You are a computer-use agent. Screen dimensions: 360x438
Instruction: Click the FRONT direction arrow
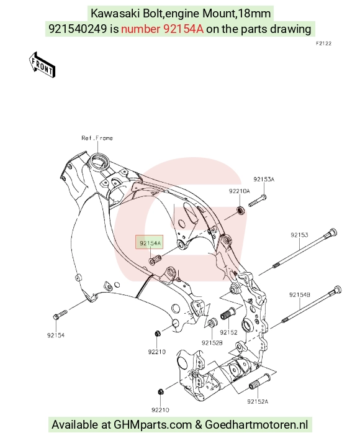pyautogui.click(x=42, y=65)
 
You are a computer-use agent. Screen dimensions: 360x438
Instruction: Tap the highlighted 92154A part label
pyautogui.click(x=150, y=243)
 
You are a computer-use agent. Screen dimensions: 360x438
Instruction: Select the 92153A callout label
pyautogui.click(x=264, y=180)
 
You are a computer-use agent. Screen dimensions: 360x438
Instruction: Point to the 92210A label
pyautogui.click(x=240, y=191)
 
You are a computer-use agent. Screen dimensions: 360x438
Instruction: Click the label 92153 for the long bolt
pyautogui.click(x=299, y=235)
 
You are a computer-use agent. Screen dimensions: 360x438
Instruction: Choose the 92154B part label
pyautogui.click(x=300, y=294)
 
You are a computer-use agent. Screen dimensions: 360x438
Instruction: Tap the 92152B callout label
pyautogui.click(x=212, y=343)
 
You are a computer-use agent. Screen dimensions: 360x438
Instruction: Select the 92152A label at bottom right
pyautogui.click(x=258, y=401)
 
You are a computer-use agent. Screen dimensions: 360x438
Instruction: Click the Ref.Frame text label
pyautogui.click(x=97, y=138)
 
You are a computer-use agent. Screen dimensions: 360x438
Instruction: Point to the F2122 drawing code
pyautogui.click(x=324, y=43)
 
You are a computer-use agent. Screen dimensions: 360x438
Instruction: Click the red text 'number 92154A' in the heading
pyautogui.click(x=163, y=29)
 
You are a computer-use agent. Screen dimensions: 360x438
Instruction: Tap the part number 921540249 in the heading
pyautogui.click(x=78, y=29)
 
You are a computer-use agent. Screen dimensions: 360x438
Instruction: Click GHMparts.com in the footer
pyautogui.click(x=153, y=424)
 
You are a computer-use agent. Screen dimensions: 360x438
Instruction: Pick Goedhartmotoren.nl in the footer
pyautogui.click(x=257, y=424)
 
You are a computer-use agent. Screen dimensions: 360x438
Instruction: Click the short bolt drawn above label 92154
pyautogui.click(x=60, y=314)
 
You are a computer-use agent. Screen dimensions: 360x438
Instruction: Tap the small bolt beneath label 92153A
pyautogui.click(x=258, y=201)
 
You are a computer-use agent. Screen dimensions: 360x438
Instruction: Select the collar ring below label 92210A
pyautogui.click(x=241, y=211)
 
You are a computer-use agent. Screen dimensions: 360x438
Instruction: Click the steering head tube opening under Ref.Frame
pyautogui.click(x=98, y=161)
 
